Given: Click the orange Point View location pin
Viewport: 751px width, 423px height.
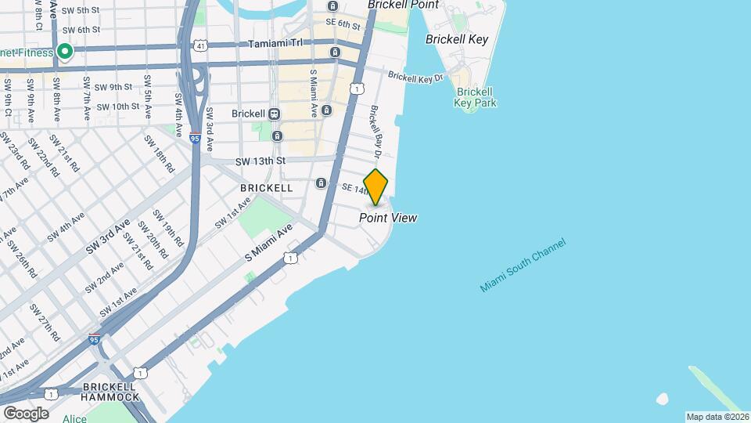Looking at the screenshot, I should pos(376,186).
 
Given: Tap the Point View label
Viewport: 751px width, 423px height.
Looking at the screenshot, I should pos(388,218).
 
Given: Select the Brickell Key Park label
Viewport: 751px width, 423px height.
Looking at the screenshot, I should pos(476,97).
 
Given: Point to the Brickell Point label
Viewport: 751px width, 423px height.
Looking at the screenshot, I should pos(403,5).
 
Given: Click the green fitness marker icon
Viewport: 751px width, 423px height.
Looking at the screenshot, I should pos(65,52).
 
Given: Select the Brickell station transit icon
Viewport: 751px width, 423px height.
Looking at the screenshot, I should pos(274,114).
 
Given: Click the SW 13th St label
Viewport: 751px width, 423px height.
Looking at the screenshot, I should pos(261,161).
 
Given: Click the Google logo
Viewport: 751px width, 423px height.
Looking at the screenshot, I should pos(25,413).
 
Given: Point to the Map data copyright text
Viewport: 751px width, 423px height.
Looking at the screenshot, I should pos(717,417).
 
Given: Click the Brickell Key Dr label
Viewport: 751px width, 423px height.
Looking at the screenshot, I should pos(415,78).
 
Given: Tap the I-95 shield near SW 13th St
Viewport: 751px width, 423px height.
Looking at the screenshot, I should pos(195,139).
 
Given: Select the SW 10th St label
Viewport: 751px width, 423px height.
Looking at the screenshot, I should pos(114,107).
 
